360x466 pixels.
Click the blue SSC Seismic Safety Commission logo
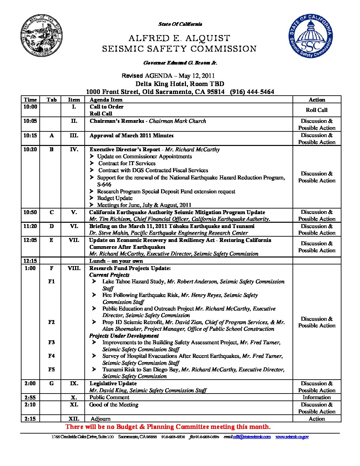tap(310, 36)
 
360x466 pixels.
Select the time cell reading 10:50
tap(30, 212)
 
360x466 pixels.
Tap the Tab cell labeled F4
tap(51, 356)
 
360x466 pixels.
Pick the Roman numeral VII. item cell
tap(74, 240)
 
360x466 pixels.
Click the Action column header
tap(317, 100)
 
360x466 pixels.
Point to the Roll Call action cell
tap(317, 110)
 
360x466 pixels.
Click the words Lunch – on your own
tap(116, 261)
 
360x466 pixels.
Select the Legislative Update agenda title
tap(113, 384)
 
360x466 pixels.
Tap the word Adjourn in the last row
tap(100, 419)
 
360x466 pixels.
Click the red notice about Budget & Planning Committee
tap(168, 427)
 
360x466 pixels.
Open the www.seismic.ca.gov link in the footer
tap(292, 437)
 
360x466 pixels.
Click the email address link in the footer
tap(252, 437)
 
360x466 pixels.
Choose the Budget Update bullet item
tap(114, 198)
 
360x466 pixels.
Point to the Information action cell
tap(317, 397)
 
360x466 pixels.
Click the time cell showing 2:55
tap(30, 397)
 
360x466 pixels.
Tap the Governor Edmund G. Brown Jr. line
tap(180, 63)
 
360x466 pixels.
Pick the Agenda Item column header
tap(106, 100)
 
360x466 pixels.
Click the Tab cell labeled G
tap(51, 384)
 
